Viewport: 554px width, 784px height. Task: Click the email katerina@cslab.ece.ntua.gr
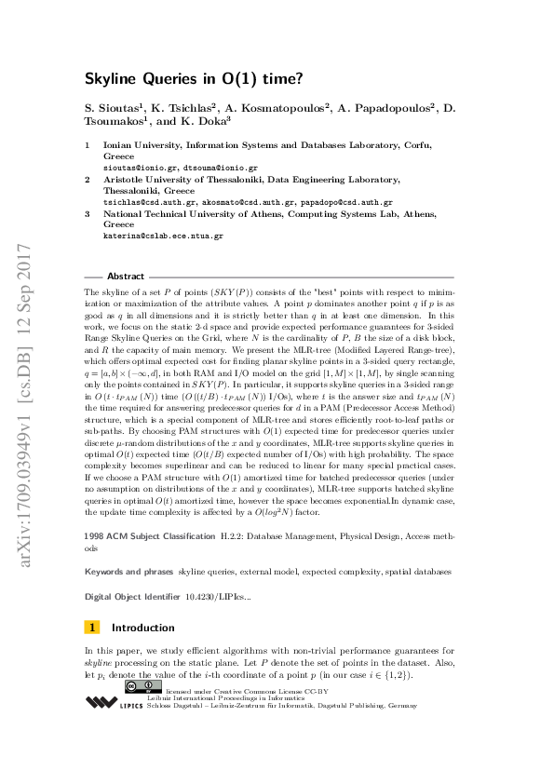click(162, 236)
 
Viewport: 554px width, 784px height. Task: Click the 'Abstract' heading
click(126, 277)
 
